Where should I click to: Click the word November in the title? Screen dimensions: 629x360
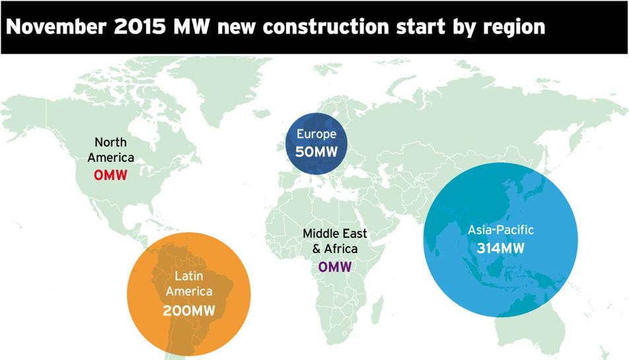pos(56,26)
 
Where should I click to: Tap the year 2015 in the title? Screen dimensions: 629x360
pos(140,26)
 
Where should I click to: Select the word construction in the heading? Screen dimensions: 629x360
pos(326,27)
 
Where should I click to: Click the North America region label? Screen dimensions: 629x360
pos(111,150)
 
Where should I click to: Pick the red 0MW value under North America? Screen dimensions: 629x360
pos(110,175)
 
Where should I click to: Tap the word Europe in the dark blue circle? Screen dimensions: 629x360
pos(316,134)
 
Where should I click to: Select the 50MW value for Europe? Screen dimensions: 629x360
pos(316,152)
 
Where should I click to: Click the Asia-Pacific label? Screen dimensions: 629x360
pos(501,230)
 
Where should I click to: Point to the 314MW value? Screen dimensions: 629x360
pos(501,248)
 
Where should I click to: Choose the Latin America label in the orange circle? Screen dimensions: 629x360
pos(189,283)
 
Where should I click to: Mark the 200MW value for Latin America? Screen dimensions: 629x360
pos(189,310)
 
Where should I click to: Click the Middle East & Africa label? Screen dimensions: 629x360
pos(335,241)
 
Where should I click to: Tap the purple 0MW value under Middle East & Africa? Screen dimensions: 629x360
pos(335,267)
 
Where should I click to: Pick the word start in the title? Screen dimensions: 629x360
pos(421,27)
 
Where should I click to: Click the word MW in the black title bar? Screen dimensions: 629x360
pos(192,26)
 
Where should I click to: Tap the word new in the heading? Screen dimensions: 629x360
pos(237,28)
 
